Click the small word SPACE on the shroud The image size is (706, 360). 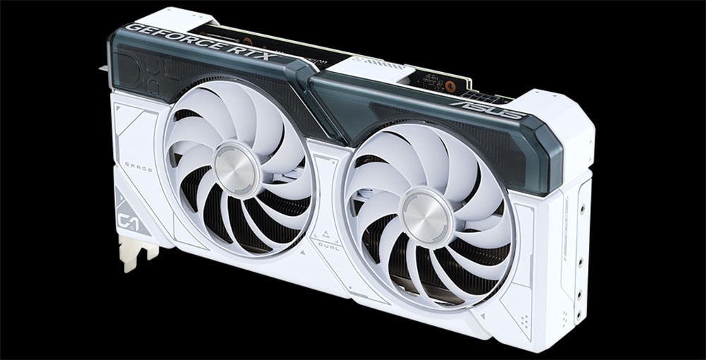(x=138, y=168)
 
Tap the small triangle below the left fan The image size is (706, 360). (x=303, y=250)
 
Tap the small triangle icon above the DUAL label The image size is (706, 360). (x=325, y=234)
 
